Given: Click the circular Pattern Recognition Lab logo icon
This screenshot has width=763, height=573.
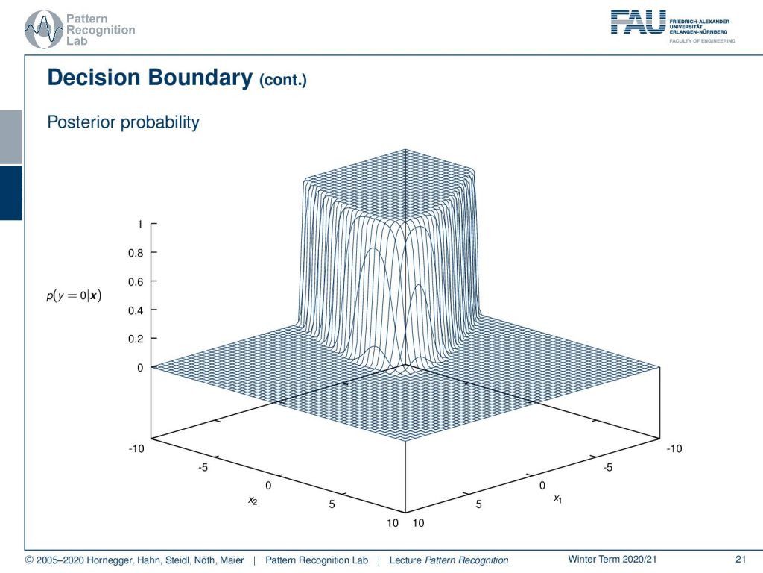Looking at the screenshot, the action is [44, 30].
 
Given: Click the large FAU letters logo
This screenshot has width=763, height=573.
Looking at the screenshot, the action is [638, 22].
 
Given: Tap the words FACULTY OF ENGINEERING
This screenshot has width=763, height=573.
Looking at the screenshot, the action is [702, 41].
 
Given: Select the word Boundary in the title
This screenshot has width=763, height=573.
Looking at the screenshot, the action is [200, 78].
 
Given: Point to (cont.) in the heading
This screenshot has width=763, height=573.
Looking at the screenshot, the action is [282, 80].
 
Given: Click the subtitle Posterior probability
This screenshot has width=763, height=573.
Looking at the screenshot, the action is [123, 122].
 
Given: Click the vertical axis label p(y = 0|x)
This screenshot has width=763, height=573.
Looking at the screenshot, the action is [74, 295].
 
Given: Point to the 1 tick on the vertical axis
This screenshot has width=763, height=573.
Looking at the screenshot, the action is [140, 224].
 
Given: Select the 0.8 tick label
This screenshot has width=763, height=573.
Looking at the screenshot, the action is [136, 253].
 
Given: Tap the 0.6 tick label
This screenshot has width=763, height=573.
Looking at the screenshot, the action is [136, 281].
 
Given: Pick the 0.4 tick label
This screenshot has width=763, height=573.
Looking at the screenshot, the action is [136, 310].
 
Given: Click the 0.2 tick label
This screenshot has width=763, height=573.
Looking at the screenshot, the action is [136, 339].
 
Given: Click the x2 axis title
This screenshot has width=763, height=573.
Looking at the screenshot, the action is [253, 501].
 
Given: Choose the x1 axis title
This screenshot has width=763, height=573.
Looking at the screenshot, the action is [557, 498].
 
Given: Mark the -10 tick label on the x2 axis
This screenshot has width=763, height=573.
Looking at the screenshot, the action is [136, 448].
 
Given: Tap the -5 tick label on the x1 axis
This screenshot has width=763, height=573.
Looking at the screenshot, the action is [608, 467].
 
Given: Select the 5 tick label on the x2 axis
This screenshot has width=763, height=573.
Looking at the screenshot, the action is [332, 504].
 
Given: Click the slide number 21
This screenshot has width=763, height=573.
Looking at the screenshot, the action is [741, 559].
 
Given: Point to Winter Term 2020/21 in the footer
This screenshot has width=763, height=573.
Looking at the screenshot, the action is [612, 559].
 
